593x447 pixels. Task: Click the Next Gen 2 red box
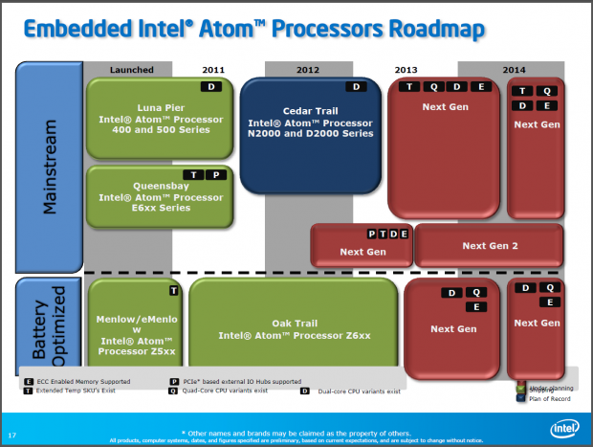pos(489,247)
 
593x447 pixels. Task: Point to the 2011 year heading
pos(213,70)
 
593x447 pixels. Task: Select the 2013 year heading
pos(406,70)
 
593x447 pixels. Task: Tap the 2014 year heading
pos(514,70)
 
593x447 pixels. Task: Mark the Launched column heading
pos(132,70)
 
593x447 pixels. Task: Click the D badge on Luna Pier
pos(213,87)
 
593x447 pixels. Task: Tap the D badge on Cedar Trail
pos(357,87)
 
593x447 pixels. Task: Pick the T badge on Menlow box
pos(174,290)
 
